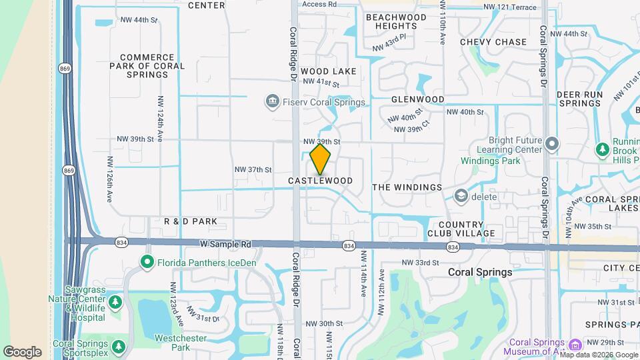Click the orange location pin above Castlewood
pos(321,159)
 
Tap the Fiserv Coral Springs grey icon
pos(272,102)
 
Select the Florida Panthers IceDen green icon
pos(147,263)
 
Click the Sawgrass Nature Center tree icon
pos(115,302)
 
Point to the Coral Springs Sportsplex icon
pos(119,347)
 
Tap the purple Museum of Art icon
pos(576,345)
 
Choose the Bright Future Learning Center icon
pos(551,144)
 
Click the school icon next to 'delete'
pos(461,196)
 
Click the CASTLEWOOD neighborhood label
pos(321,181)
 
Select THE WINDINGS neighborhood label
pos(407,187)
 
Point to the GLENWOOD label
pos(418,99)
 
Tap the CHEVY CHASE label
pos(493,42)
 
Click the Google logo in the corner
pos(22,351)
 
